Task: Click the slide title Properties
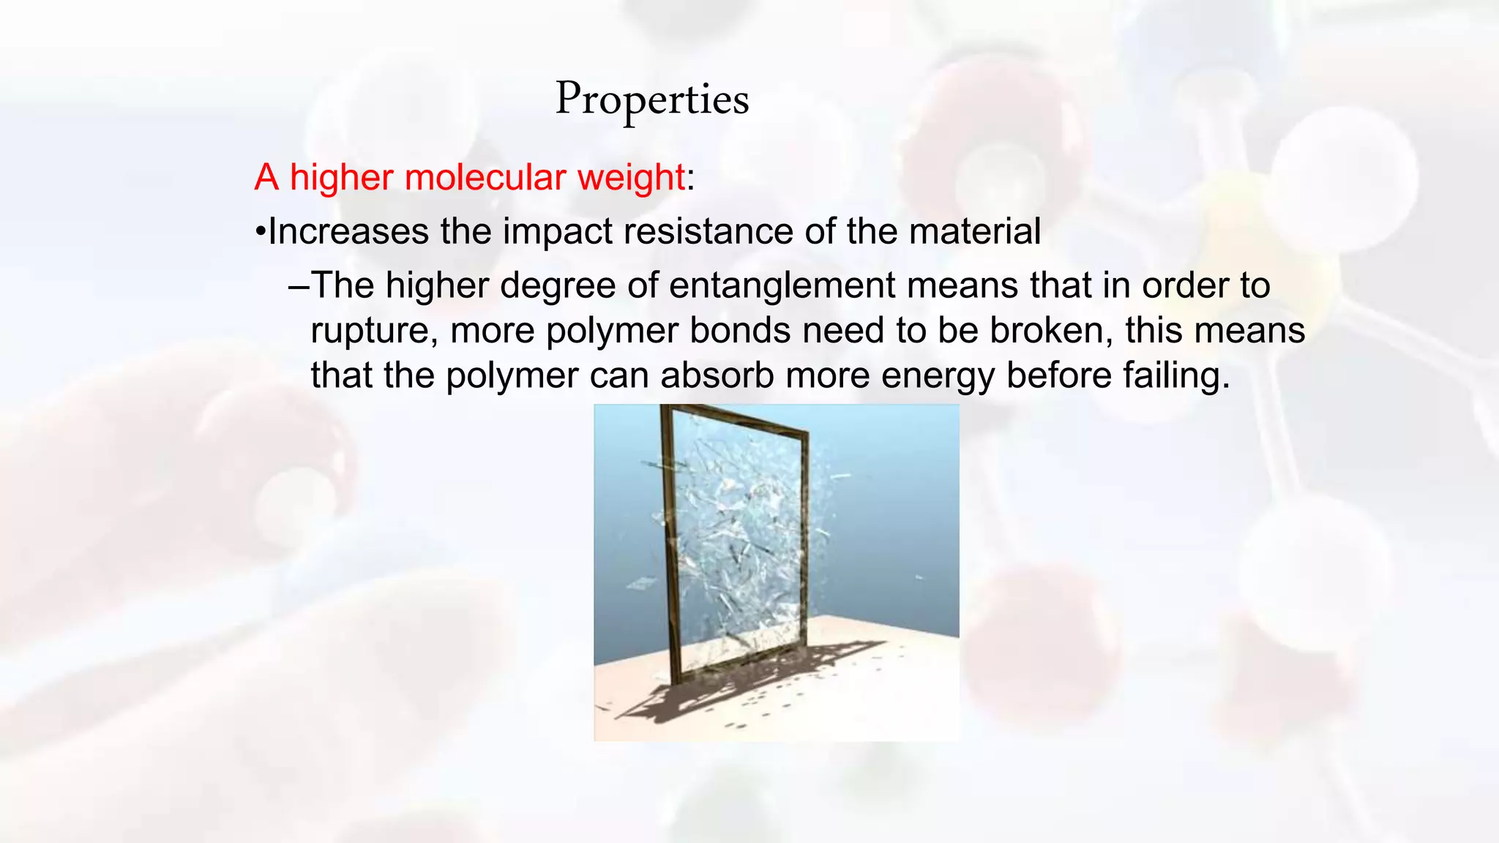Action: point(652,100)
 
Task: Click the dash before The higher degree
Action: point(299,286)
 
